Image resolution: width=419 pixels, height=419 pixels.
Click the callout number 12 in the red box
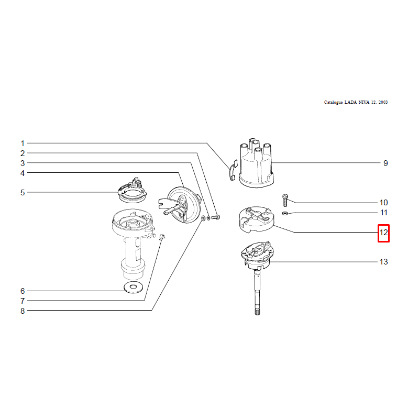pos(383,233)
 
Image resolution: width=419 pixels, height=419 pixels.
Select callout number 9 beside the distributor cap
pos(385,163)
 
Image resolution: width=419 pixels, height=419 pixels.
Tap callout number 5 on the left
pos(23,193)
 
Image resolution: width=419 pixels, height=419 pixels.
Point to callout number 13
pos(383,262)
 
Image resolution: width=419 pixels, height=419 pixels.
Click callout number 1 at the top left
pos(23,144)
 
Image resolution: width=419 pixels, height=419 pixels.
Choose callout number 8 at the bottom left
pos(23,311)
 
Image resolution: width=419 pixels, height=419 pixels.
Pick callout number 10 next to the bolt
pos(383,203)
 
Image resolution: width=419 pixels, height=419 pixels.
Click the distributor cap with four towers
pos(257,163)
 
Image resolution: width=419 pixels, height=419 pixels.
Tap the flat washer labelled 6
pos(134,288)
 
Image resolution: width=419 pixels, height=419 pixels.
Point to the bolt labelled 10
pos(285,201)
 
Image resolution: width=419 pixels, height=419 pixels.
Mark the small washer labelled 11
pos(285,213)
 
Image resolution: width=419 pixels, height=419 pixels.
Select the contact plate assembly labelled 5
pos(133,190)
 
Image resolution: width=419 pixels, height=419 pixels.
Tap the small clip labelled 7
pos(162,237)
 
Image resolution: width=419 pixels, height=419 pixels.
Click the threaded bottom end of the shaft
pos(257,312)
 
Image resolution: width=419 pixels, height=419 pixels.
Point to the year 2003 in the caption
pos(383,102)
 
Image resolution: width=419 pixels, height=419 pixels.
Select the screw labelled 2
pos(216,217)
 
